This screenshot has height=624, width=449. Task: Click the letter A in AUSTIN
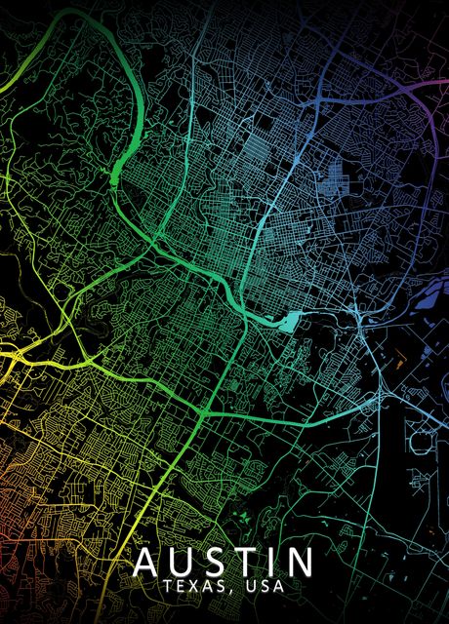(148, 564)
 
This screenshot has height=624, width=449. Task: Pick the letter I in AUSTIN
(274, 564)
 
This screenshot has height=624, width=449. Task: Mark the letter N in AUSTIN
(300, 564)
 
